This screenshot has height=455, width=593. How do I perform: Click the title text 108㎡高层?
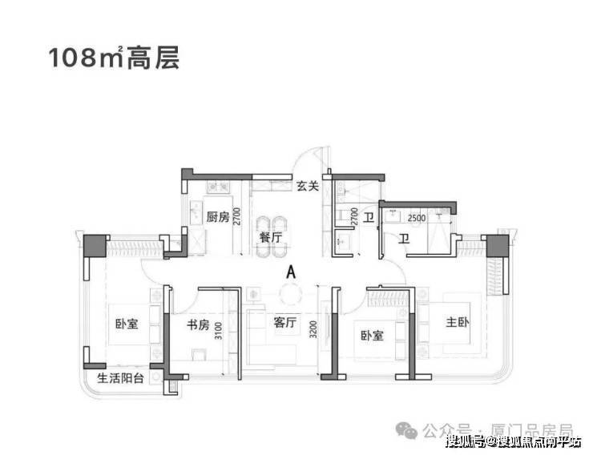pyautogui.click(x=111, y=58)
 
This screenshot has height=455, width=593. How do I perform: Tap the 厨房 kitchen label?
pyautogui.click(x=217, y=217)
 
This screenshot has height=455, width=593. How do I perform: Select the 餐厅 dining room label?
pyautogui.click(x=270, y=237)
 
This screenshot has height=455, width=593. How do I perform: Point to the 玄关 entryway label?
pyautogui.click(x=308, y=186)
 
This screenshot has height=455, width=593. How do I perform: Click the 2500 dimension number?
pyautogui.click(x=416, y=218)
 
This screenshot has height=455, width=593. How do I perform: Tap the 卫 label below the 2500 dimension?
pyautogui.click(x=405, y=238)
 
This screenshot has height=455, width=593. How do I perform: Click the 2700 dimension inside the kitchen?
pyautogui.click(x=237, y=217)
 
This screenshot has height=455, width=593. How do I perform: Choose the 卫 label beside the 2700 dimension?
pyautogui.click(x=369, y=217)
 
